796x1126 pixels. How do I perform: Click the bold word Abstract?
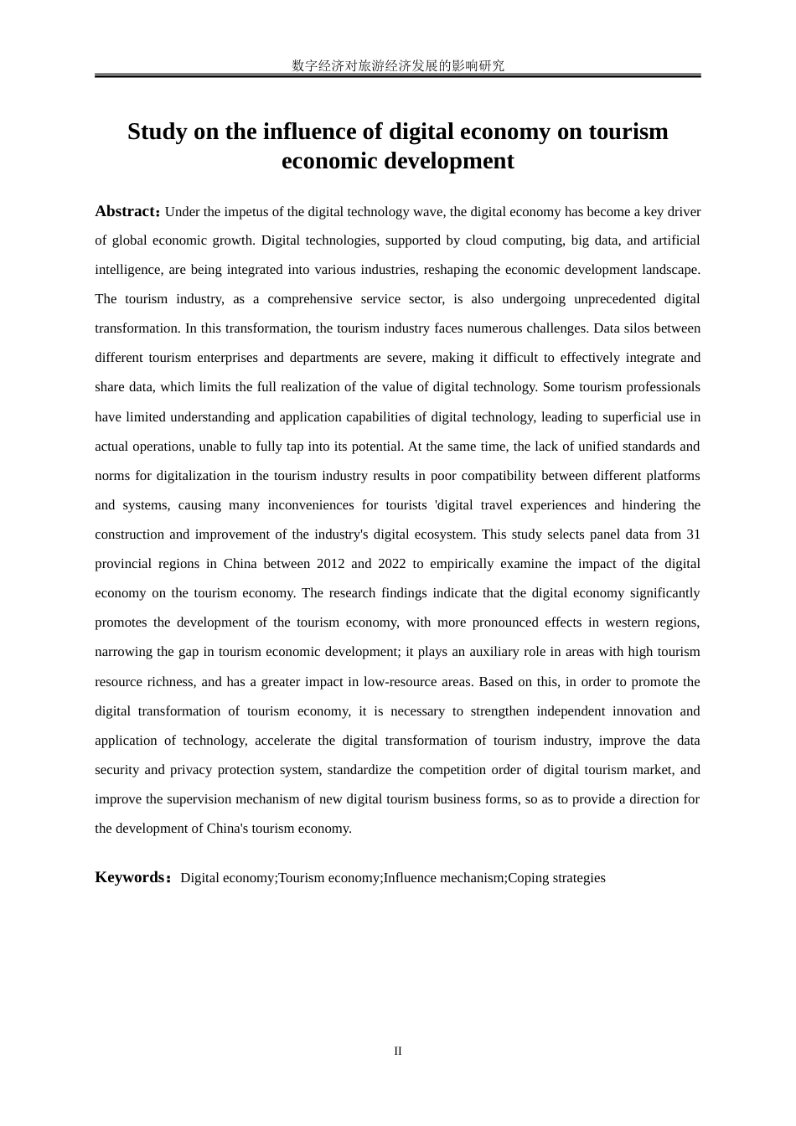tap(126, 211)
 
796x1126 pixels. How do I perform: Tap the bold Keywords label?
tap(130, 877)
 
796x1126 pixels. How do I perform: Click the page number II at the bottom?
tap(398, 1051)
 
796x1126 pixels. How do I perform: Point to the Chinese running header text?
tap(398, 65)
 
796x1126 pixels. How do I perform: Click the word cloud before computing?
tap(481, 240)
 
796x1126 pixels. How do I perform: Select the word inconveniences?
tap(311, 505)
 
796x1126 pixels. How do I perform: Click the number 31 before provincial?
tap(693, 535)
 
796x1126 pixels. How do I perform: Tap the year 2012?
tap(330, 564)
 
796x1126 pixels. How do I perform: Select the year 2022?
tap(391, 564)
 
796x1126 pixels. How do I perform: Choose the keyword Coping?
tap(530, 878)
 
